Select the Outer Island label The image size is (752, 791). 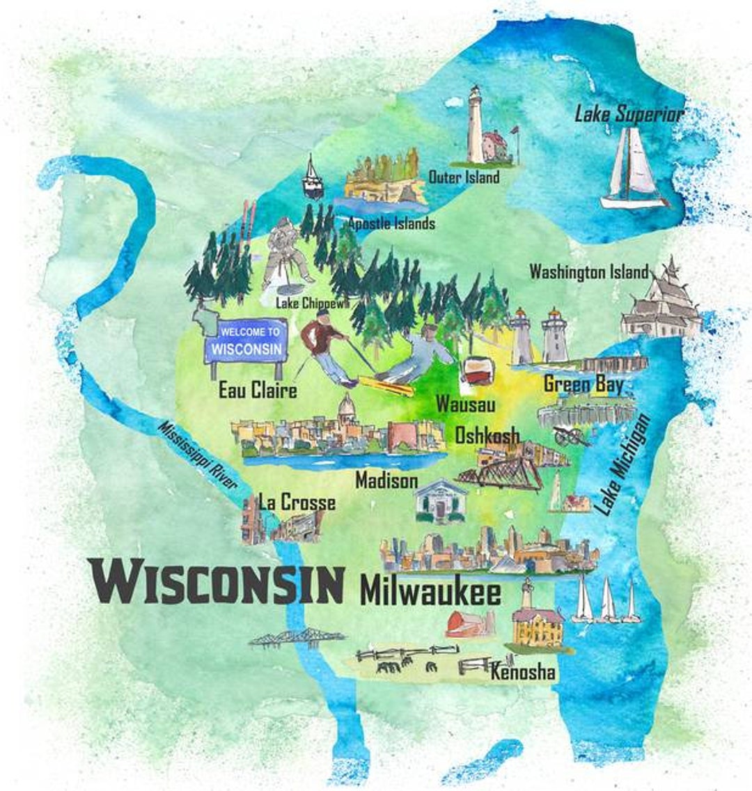pyautogui.click(x=464, y=177)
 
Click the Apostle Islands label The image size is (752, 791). pyautogui.click(x=391, y=224)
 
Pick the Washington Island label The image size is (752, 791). pyautogui.click(x=589, y=272)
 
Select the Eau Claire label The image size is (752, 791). pyautogui.click(x=258, y=390)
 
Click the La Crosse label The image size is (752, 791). pyautogui.click(x=297, y=502)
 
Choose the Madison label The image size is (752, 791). pyautogui.click(x=386, y=480)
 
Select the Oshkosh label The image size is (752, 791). pyautogui.click(x=487, y=436)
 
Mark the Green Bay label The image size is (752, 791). pyautogui.click(x=583, y=384)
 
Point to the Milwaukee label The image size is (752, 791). pyautogui.click(x=430, y=593)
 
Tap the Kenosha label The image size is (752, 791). pyautogui.click(x=523, y=672)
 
